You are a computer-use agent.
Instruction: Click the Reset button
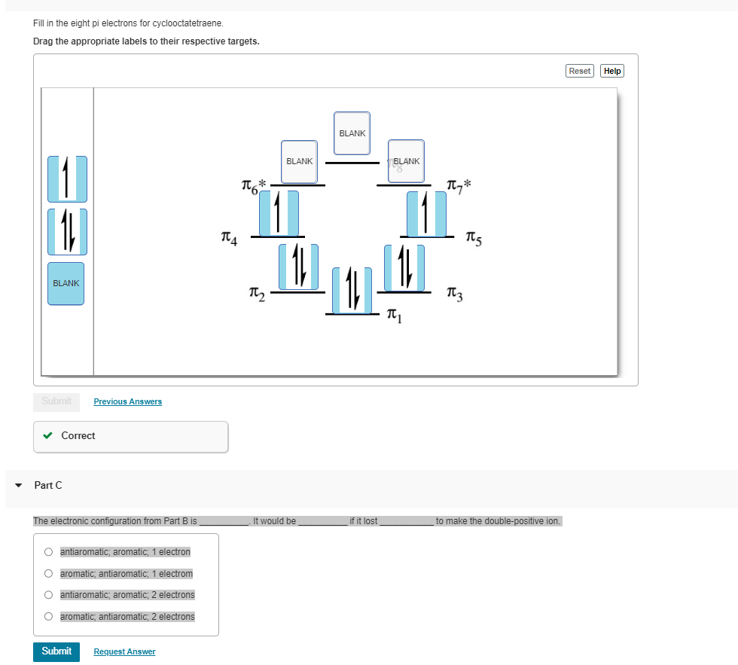click(x=579, y=71)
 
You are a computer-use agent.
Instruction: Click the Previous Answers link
click(x=127, y=401)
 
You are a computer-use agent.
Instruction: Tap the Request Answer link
click(x=124, y=651)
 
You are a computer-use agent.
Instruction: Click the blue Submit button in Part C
click(x=56, y=651)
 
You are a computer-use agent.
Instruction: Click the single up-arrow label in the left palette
click(x=67, y=178)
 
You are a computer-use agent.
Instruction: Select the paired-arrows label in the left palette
click(x=67, y=230)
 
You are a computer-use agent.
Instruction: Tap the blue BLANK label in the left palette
click(x=66, y=283)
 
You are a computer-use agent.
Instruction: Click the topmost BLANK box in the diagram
click(x=352, y=133)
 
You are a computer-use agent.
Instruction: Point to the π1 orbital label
click(x=395, y=315)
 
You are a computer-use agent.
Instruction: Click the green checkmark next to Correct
click(x=48, y=435)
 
